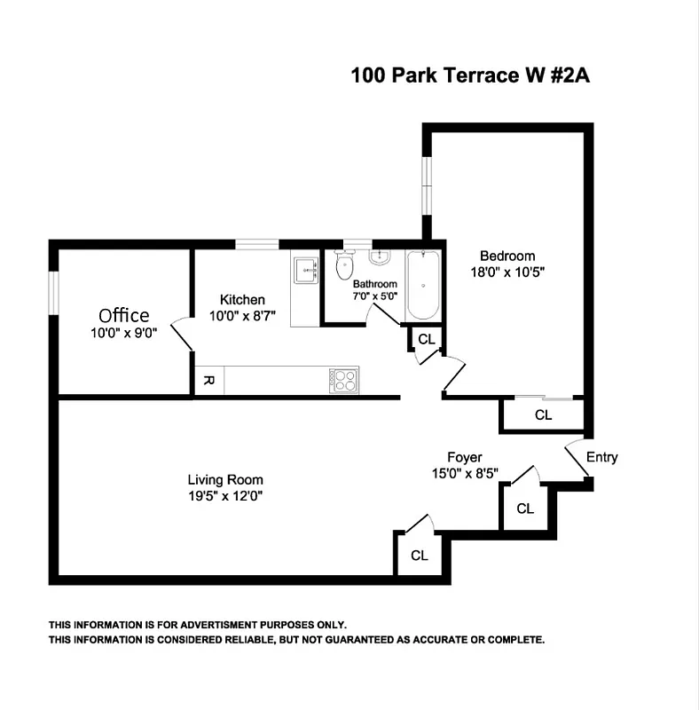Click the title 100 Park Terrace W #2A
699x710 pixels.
click(x=470, y=75)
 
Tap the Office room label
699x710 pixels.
click(x=123, y=315)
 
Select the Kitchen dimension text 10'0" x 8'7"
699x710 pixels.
click(x=243, y=316)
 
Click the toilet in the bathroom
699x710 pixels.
click(x=346, y=265)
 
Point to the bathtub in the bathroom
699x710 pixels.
click(x=422, y=287)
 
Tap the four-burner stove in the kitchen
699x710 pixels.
click(x=342, y=381)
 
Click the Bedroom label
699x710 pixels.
click(x=507, y=256)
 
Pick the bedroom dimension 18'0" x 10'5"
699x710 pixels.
click(x=507, y=273)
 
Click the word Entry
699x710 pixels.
click(x=601, y=458)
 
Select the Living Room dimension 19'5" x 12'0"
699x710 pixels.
click(x=219, y=496)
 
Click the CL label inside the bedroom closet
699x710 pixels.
click(x=543, y=415)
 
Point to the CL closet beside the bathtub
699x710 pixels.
click(x=427, y=339)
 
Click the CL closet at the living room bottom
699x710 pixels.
click(x=420, y=556)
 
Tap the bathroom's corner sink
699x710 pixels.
click(x=379, y=258)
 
